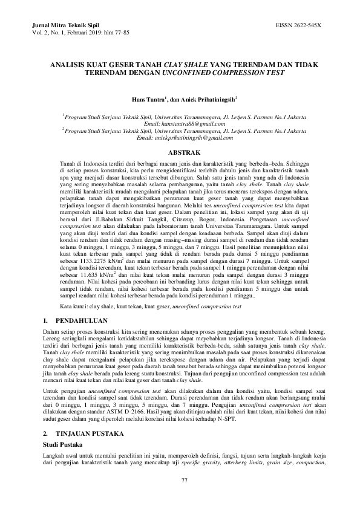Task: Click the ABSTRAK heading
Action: point(180,154)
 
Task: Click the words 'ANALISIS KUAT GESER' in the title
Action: point(87,62)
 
